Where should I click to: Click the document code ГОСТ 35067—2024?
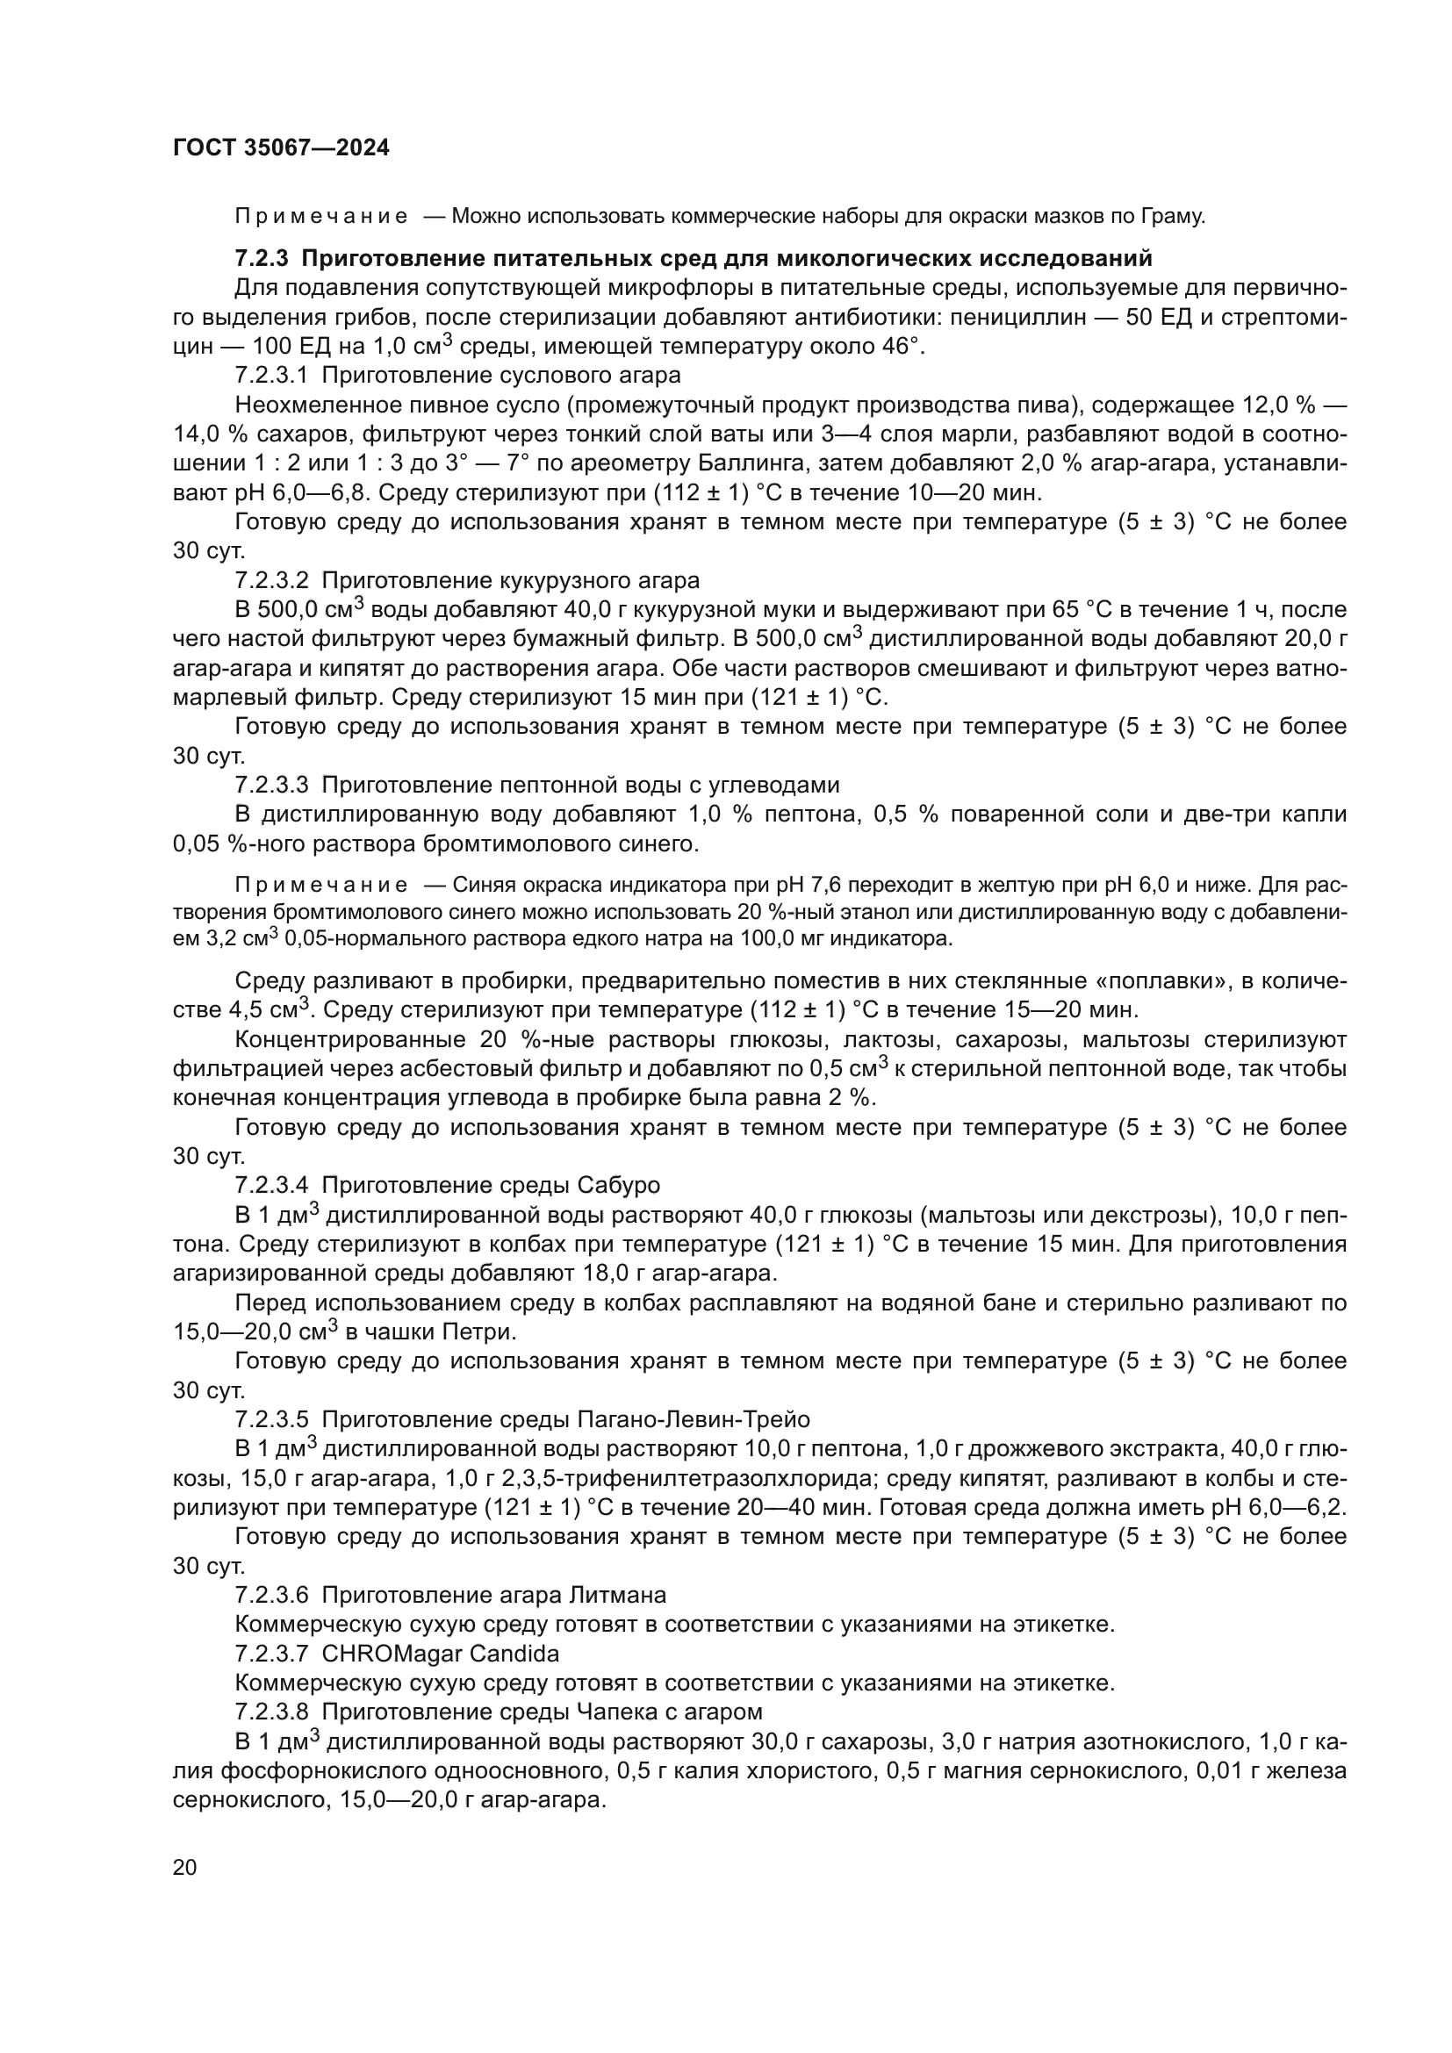pyautogui.click(x=281, y=148)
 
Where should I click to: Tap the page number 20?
pyautogui.click(x=184, y=1868)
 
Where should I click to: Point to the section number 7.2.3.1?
pyautogui.click(x=272, y=376)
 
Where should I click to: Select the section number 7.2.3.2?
pyautogui.click(x=272, y=580)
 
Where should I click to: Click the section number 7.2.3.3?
pyautogui.click(x=272, y=785)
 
